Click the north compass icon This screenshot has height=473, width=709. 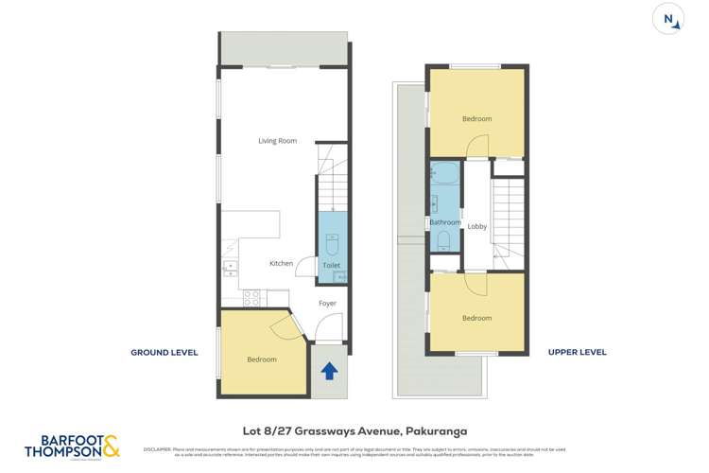point(669,19)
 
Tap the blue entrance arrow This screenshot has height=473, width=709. point(329,371)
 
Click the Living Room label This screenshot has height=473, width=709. point(277,141)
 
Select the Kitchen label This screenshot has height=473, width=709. point(281,263)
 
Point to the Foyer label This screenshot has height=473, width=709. point(327,304)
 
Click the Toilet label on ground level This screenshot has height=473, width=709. point(331,266)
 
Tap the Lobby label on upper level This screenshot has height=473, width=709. point(477,226)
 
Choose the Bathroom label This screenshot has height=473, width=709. point(444,222)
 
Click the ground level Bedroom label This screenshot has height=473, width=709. point(262,359)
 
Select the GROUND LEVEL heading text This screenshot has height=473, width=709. point(164,353)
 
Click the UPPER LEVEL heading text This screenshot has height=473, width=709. point(577,353)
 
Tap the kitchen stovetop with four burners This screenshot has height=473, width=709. point(251,297)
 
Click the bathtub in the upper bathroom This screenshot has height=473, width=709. point(444,175)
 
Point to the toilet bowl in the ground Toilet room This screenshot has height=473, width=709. point(332,244)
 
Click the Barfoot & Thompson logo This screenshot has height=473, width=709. point(73,446)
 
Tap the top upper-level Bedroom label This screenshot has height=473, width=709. point(476,119)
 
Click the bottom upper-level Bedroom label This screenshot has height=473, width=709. point(476,319)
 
